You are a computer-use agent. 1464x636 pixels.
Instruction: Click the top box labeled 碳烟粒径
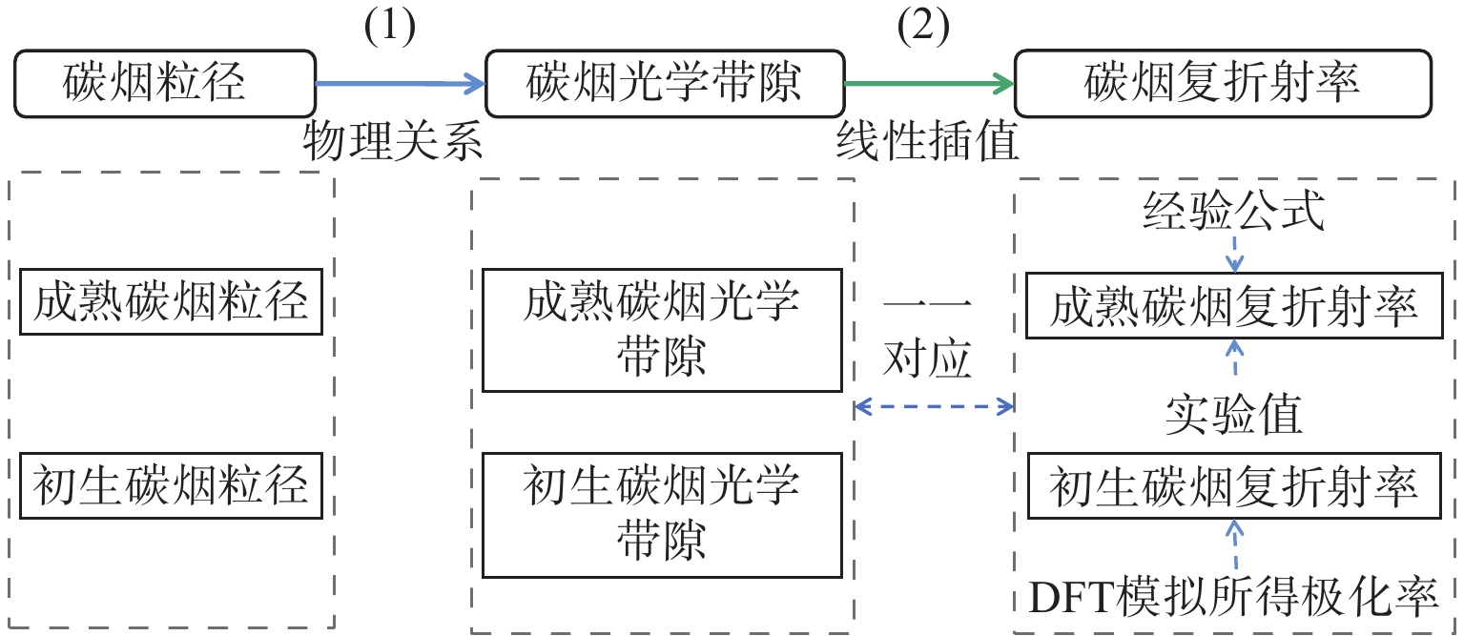[x=164, y=84]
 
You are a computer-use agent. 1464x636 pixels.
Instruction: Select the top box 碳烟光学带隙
[x=665, y=84]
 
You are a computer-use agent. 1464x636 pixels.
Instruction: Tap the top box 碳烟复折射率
[x=1223, y=84]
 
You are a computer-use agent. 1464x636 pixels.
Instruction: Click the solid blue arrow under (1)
[x=400, y=85]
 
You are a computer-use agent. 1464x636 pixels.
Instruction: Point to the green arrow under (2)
[x=929, y=85]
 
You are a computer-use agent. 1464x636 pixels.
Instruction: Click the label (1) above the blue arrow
[x=390, y=28]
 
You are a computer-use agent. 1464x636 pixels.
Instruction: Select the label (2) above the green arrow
[x=924, y=28]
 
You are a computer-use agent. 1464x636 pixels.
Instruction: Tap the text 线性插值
[x=927, y=143]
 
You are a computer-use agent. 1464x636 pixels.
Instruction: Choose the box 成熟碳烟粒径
[x=171, y=302]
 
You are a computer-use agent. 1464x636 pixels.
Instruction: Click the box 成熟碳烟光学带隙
[x=662, y=330]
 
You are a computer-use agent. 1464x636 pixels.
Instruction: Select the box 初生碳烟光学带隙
[x=662, y=515]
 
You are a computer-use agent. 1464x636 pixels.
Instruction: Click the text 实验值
[x=1235, y=416]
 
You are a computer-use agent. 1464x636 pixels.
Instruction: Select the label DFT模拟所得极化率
[x=1235, y=596]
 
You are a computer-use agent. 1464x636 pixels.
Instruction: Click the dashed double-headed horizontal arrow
[x=934, y=408]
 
